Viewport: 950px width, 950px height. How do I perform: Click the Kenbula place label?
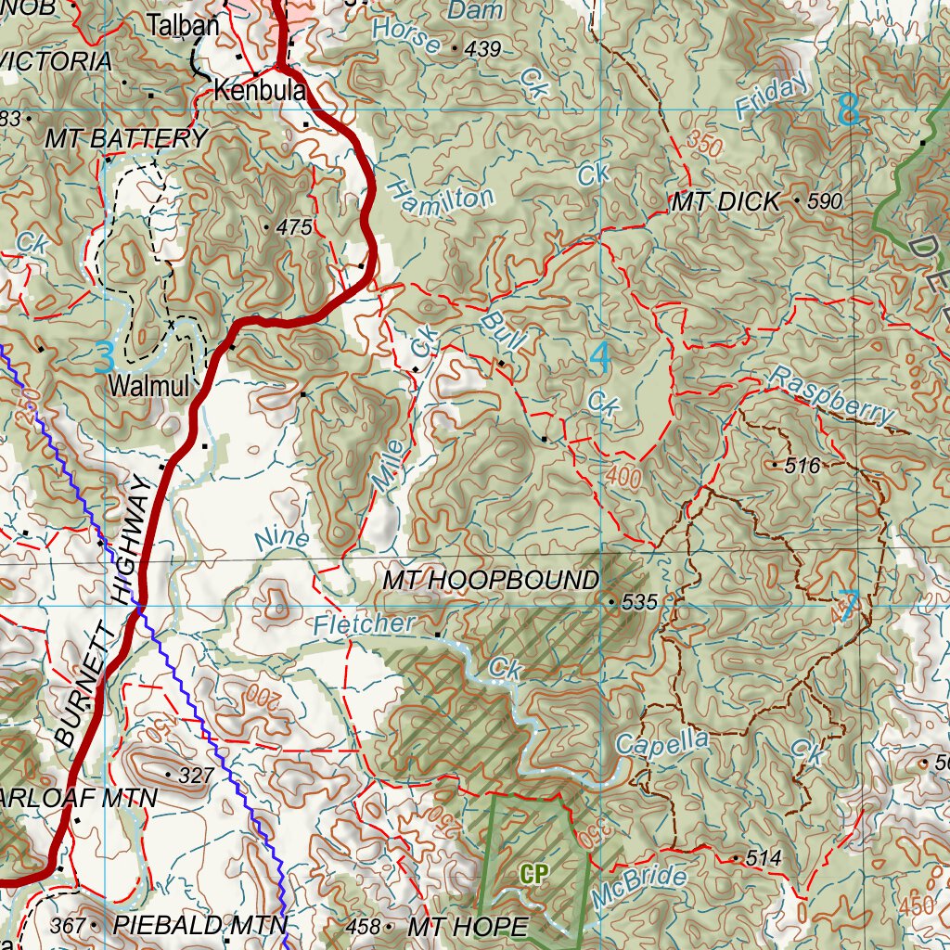coord(260,92)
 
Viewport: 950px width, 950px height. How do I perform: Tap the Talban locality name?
coord(185,26)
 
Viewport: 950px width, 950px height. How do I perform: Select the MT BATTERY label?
coord(126,139)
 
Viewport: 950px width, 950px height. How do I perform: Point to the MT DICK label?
coord(725,202)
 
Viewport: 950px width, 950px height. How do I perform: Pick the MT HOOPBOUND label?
coord(491,581)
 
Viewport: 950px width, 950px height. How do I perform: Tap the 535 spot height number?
coord(639,603)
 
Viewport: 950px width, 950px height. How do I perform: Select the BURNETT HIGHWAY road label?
coord(103,612)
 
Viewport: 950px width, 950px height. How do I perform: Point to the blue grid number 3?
coord(105,358)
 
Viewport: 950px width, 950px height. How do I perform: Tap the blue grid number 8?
coord(847,110)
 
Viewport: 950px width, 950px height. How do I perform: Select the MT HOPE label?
coord(468,926)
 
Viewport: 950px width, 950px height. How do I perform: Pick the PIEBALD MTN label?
coord(199,925)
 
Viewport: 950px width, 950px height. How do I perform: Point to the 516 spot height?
coord(802,466)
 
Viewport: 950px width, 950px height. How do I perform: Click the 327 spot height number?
coord(196,775)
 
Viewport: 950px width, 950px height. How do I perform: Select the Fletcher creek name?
coord(363,624)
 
